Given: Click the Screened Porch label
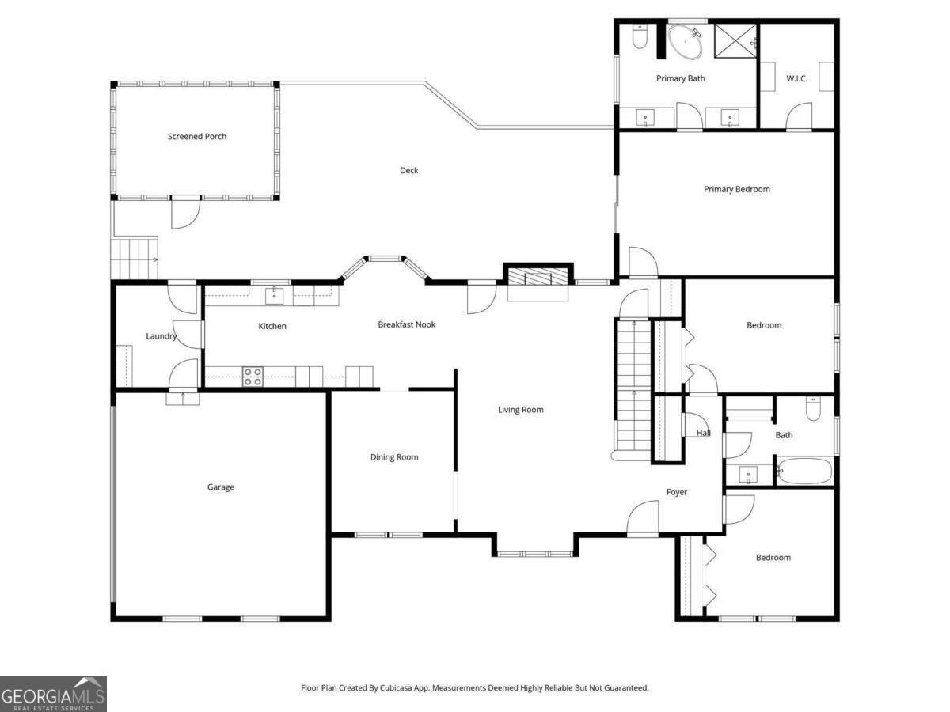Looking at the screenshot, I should [197, 137].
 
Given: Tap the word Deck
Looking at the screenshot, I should [408, 170].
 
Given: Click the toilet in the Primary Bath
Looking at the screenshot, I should [640, 37].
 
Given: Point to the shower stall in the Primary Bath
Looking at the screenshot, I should [735, 41].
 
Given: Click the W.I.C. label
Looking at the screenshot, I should [796, 78].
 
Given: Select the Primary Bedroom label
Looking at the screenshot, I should [737, 189].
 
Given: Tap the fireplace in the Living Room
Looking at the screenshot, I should [538, 278].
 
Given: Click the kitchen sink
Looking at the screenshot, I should [274, 296].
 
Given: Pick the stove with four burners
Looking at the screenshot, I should [253, 377].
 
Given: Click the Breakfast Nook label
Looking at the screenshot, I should [406, 324].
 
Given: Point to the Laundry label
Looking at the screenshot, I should [161, 336].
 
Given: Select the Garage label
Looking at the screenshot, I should [221, 487].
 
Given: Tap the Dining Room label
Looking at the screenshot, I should [394, 457].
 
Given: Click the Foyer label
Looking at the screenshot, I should [677, 492].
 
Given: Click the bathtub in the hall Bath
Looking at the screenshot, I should [804, 472].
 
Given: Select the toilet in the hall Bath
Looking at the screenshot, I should [814, 408].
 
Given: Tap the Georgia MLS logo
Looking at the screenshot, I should [53, 694].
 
